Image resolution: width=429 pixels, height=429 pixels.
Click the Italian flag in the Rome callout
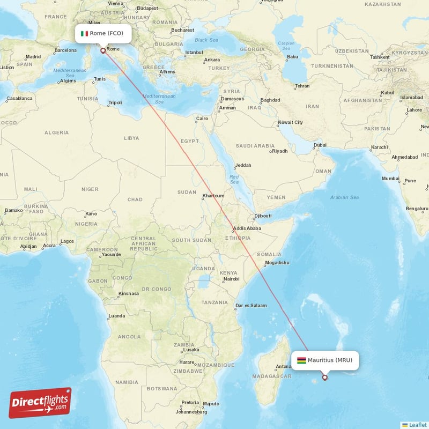[x=84, y=33]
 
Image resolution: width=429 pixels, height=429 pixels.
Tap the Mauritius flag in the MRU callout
[x=301, y=360]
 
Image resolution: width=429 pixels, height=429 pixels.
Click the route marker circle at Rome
[x=102, y=51]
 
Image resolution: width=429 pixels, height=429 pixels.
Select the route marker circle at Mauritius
[x=324, y=378]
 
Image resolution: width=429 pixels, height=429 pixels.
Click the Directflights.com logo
[x=40, y=403]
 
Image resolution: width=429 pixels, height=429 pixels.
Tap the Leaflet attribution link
[x=414, y=425]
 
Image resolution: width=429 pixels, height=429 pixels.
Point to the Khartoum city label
[x=213, y=196]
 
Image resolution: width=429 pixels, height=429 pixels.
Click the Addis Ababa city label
[x=247, y=228]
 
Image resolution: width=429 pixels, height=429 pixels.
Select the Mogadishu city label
[x=277, y=263]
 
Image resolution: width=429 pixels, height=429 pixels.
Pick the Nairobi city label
[x=231, y=279]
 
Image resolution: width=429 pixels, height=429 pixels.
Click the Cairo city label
[x=202, y=119]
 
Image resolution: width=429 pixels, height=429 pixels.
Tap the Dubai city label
[x=320, y=145]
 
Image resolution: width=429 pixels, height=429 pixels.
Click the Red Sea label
[x=234, y=179]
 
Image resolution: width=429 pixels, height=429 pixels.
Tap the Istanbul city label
[x=194, y=53]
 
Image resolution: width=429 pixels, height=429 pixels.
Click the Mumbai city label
[x=390, y=178]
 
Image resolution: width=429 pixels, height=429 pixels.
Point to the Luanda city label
[x=117, y=316]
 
